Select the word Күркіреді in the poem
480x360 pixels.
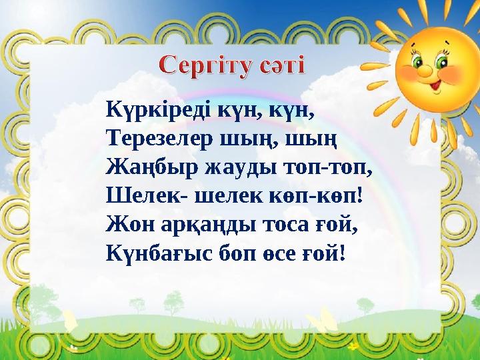(x=157, y=112)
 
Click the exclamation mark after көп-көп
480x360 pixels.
(x=360, y=196)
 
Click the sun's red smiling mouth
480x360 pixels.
(x=435, y=85)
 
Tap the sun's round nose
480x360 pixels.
(x=431, y=73)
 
